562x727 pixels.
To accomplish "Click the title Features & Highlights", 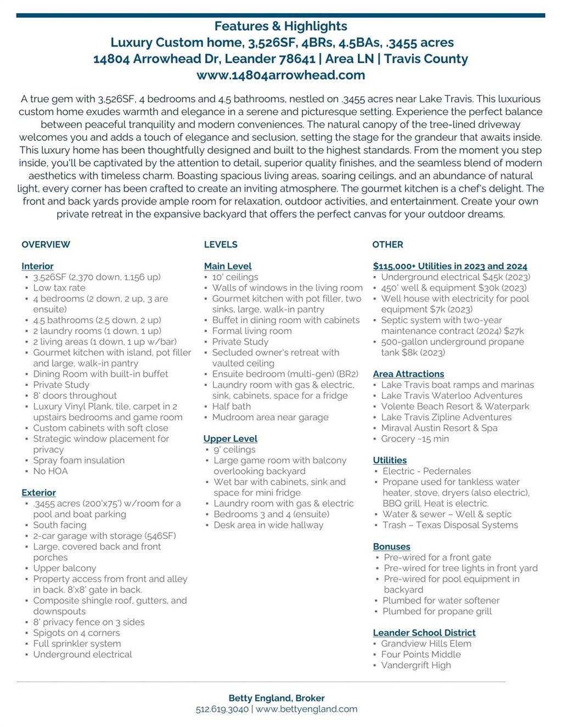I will pyautogui.click(x=280, y=26).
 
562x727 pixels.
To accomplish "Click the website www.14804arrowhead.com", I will pyautogui.click(x=280, y=75).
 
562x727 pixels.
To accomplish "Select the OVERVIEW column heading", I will pyautogui.click(x=46, y=244).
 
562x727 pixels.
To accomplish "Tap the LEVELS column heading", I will pyautogui.click(x=221, y=244).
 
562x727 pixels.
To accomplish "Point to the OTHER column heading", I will pyautogui.click(x=387, y=244).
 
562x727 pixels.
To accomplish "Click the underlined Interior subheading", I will pyautogui.click(x=37, y=266).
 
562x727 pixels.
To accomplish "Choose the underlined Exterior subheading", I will pyautogui.click(x=38, y=493).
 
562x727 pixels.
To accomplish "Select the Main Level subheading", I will pyautogui.click(x=228, y=266).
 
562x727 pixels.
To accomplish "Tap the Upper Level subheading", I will pyautogui.click(x=230, y=438).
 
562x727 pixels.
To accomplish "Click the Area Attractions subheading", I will pyautogui.click(x=408, y=374).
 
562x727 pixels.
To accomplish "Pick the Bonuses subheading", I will pyautogui.click(x=391, y=546).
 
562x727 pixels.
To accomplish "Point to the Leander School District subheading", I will pyautogui.click(x=424, y=633).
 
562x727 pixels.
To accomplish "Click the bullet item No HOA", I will pyautogui.click(x=50, y=471).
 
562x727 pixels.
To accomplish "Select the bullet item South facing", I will pyautogui.click(x=59, y=525).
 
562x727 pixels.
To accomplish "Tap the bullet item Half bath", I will pyautogui.click(x=231, y=406).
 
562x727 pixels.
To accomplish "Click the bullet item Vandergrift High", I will pyautogui.click(x=416, y=665).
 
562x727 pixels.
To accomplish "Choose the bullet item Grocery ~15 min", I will pyautogui.click(x=415, y=438).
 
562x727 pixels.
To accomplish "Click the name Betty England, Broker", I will pyautogui.click(x=277, y=698).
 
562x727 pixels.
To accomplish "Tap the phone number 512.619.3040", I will pyautogui.click(x=222, y=709).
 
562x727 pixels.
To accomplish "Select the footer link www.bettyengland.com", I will pyautogui.click(x=306, y=709).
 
